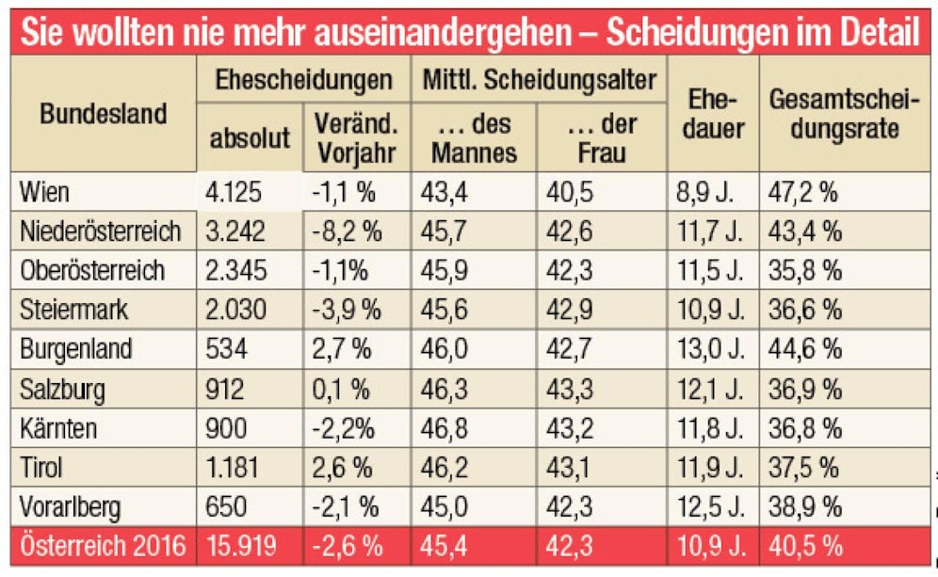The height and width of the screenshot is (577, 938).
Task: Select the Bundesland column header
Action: (x=103, y=114)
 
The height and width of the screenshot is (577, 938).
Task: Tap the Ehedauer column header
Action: (x=712, y=114)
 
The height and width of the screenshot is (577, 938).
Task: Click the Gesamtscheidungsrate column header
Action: (x=844, y=114)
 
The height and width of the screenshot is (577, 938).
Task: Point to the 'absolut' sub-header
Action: (x=250, y=138)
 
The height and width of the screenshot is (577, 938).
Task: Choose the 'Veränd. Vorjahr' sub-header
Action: (x=356, y=137)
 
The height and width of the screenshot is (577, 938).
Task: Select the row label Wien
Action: (x=47, y=193)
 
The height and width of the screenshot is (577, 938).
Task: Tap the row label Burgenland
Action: (x=76, y=348)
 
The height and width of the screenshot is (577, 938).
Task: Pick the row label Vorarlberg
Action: (x=72, y=506)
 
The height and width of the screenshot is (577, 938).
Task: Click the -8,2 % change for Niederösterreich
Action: (x=344, y=232)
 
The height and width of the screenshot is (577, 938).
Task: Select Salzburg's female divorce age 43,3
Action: (x=573, y=388)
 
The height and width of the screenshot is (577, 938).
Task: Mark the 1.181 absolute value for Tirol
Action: (x=235, y=467)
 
